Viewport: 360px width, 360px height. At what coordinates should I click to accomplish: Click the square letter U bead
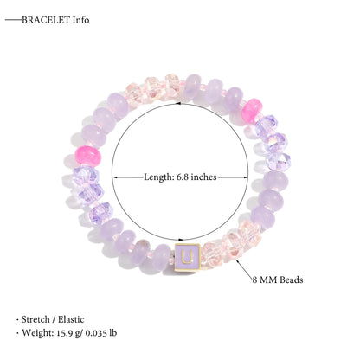(187, 257)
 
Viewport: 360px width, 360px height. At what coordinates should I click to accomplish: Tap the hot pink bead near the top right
(252, 109)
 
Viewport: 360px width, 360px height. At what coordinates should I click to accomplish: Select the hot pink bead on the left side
(87, 156)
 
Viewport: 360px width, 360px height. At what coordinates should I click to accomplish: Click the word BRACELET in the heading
(46, 20)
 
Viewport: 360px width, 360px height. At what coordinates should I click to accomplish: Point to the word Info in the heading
(80, 20)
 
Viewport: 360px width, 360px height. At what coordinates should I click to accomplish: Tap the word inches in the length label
(203, 177)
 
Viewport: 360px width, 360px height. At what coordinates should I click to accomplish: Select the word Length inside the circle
(158, 177)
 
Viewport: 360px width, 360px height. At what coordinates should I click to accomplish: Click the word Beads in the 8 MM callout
(292, 280)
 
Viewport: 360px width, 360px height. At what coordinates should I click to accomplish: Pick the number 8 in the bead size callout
(255, 280)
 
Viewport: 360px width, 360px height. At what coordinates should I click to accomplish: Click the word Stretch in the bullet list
(35, 319)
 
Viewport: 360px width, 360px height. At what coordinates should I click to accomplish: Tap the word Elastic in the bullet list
(71, 319)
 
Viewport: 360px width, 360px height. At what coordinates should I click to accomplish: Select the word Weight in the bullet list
(38, 333)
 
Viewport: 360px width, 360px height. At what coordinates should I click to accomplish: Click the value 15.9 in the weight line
(64, 333)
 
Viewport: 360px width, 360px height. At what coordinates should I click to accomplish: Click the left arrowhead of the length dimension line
(114, 177)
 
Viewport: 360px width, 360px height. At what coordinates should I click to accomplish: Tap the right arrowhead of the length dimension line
(246, 177)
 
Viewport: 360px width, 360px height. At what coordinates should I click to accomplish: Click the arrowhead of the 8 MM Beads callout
(238, 261)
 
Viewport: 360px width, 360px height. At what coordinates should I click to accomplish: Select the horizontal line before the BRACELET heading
(14, 20)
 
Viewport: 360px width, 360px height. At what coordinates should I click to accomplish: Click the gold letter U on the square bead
(187, 257)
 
